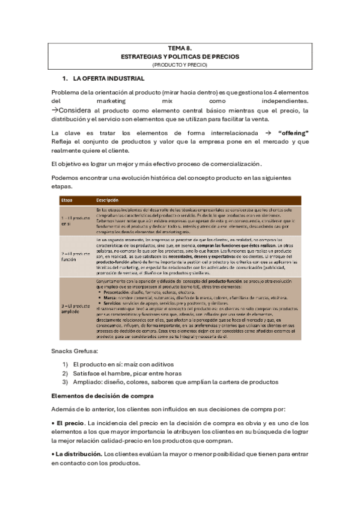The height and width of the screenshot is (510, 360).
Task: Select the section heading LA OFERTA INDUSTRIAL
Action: pos(108,79)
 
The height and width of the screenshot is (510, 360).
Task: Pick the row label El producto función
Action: pos(74,256)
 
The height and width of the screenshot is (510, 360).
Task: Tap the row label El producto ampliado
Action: pos(74,308)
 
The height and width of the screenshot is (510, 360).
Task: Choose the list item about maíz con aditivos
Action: pos(123,364)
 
